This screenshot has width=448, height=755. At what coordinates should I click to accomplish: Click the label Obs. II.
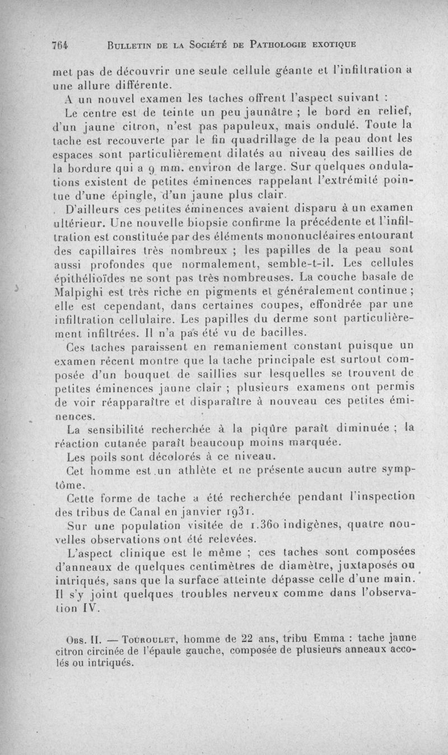pyautogui.click(x=84, y=640)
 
